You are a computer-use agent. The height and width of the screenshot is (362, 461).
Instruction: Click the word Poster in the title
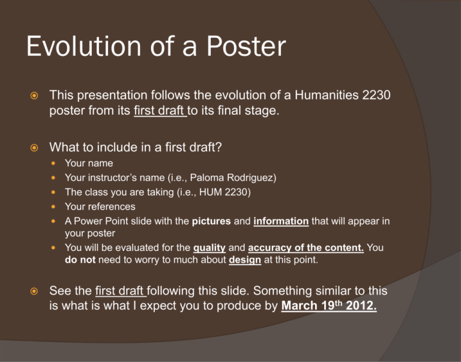pos(246,46)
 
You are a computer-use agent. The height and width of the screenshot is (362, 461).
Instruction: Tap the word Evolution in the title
pos(84,46)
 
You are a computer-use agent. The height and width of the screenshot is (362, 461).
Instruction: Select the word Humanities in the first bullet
pos(327,95)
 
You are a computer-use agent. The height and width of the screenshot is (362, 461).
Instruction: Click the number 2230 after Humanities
pos(376,95)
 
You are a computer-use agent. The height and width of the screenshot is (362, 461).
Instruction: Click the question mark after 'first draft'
pos(218,147)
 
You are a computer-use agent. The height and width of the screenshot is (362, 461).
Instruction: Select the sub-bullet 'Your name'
pos(89,163)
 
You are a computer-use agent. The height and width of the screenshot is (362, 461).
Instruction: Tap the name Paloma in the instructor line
pos(207,178)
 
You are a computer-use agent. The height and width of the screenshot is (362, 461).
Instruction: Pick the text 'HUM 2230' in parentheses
pos(223,192)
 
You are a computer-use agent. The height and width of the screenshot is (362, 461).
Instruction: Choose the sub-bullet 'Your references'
pos(100,207)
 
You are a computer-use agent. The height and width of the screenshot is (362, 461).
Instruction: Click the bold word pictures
pos(211,221)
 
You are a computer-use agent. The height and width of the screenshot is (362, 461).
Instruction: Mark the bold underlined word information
pos(281,221)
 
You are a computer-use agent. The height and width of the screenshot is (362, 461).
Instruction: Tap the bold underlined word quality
pos(209,247)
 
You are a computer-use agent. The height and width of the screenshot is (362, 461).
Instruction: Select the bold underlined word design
pos(245,260)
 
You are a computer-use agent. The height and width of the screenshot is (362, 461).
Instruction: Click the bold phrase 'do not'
pos(80,260)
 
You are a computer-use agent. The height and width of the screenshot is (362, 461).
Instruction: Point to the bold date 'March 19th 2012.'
pos(329,305)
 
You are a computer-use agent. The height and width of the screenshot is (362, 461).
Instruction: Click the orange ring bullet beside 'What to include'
pos(34,147)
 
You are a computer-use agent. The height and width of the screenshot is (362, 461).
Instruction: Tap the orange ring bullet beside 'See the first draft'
pos(34,291)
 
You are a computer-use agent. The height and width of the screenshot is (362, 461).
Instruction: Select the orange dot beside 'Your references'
pos(53,207)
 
